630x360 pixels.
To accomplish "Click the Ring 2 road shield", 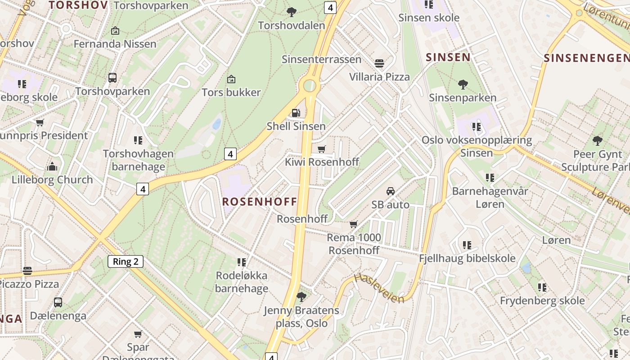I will coord(126,261).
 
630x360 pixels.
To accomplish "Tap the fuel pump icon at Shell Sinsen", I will coord(296,112).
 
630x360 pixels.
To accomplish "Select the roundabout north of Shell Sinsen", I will coord(310,85).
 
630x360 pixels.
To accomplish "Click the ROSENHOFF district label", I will coord(260,201).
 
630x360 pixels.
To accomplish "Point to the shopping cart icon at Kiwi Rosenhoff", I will coord(321,149).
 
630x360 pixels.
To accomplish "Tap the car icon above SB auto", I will coord(390,191).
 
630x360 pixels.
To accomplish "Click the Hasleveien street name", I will coord(379,288).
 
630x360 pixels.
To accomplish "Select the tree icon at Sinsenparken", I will coord(463,84).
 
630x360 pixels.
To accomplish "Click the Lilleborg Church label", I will coord(52,180).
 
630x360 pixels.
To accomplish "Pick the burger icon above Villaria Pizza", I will coord(379,63).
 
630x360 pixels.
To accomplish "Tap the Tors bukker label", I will coord(231,92).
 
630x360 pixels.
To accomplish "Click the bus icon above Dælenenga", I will coord(58,302).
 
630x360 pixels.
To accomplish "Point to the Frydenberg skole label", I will coord(542,300).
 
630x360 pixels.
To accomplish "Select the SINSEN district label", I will coord(448,57).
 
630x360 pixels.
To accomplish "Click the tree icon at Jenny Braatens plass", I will coord(301,297).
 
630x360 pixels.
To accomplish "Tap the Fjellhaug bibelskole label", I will coord(467,258).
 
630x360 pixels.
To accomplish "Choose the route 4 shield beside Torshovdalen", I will coord(330,8).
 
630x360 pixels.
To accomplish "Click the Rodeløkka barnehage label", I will coord(242,282).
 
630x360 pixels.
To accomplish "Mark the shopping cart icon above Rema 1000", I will coord(354,224).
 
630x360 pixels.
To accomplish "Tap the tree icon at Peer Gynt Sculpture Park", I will coord(598,141).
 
